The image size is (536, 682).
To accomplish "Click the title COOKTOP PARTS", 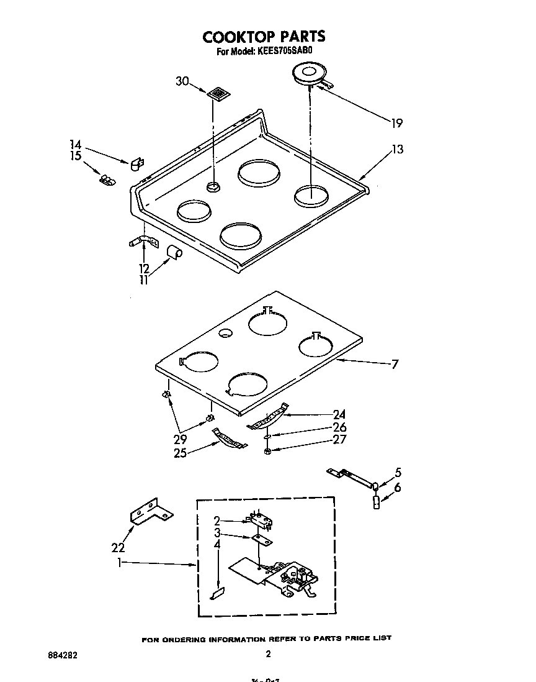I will click(x=264, y=37).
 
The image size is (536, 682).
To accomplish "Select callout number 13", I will click(x=397, y=149).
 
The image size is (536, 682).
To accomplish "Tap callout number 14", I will click(x=76, y=145).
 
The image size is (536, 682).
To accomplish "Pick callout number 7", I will click(x=395, y=364).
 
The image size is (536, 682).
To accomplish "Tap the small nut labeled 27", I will click(x=267, y=450).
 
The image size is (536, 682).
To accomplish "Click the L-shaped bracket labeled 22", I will click(x=151, y=511).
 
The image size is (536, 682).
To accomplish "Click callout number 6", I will click(x=397, y=488).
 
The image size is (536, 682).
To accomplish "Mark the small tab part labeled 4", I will click(x=217, y=594).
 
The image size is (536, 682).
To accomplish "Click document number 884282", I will click(x=63, y=655).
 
